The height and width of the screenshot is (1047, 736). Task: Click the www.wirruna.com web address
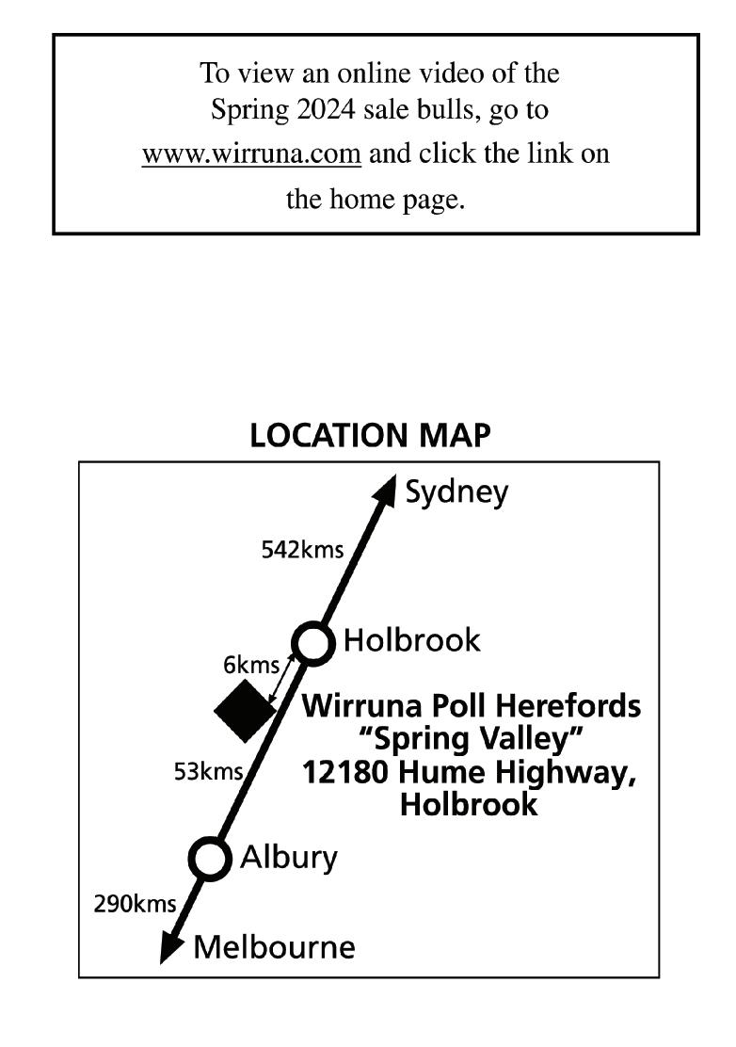[251, 154]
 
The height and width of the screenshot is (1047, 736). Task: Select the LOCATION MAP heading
[370, 436]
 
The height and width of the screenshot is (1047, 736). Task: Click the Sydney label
[456, 491]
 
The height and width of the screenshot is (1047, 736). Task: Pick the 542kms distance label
[302, 550]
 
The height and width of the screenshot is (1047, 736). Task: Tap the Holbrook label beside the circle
[411, 641]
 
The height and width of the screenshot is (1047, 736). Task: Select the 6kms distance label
[251, 666]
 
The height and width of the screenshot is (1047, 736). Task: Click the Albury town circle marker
[210, 859]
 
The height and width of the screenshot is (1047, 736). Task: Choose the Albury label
[288, 858]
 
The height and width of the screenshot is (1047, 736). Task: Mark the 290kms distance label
[135, 905]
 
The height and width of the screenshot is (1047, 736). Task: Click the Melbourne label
[274, 946]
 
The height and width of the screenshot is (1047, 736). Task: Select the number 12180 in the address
[346, 772]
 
